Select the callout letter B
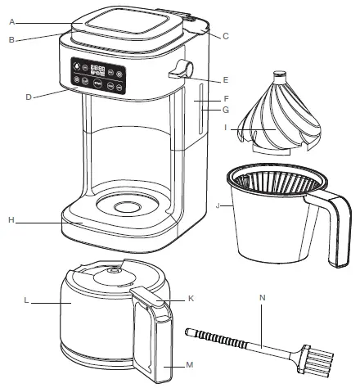[11, 39]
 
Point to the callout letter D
[28, 97]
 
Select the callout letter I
[236, 129]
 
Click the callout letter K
[191, 299]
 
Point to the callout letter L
[27, 302]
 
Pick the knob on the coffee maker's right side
[182, 72]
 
